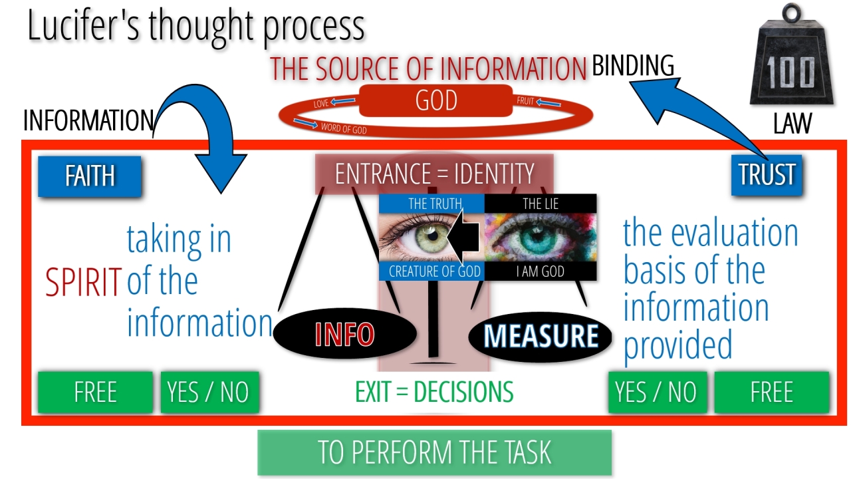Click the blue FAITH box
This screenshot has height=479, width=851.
pyautogui.click(x=90, y=176)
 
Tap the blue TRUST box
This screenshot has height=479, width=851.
pyautogui.click(x=767, y=175)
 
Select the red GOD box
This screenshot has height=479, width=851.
pyautogui.click(x=436, y=101)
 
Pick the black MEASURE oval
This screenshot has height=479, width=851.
pyautogui.click(x=540, y=336)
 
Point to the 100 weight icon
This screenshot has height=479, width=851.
pyautogui.click(x=790, y=67)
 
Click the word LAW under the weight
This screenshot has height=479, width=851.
pyautogui.click(x=792, y=124)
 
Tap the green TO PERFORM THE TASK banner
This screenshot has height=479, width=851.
pyautogui.click(x=434, y=452)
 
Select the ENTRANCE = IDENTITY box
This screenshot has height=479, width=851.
pyautogui.click(x=434, y=174)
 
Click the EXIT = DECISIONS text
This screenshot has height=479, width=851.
pyautogui.click(x=434, y=392)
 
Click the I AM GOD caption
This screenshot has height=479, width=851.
pyautogui.click(x=540, y=271)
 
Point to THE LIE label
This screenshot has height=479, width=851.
pyautogui.click(x=540, y=204)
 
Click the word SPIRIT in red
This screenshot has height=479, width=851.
pyautogui.click(x=84, y=282)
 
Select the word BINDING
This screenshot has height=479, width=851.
pyautogui.click(x=633, y=66)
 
